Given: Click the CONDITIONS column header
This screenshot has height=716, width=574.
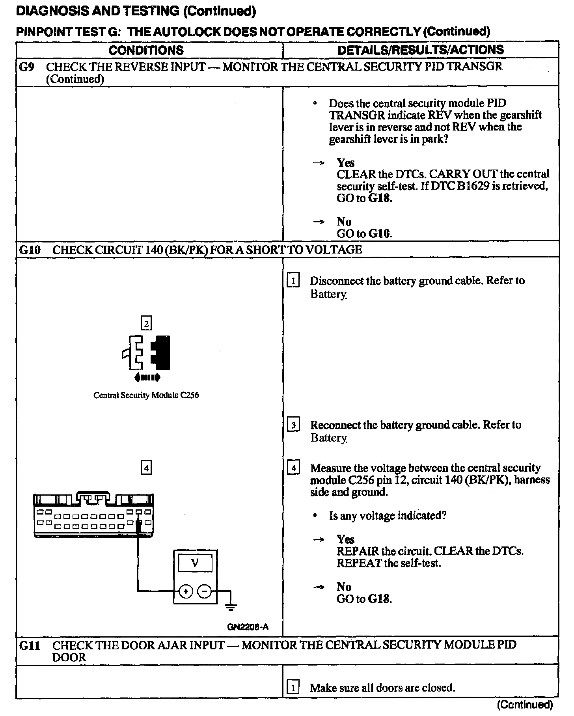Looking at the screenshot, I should pos(146,50).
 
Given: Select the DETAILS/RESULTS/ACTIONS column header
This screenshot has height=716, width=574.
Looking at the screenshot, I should pos(421,50).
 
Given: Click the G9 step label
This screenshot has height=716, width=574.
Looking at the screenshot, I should pos(27,67).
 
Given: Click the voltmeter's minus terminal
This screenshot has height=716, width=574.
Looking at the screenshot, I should pos(204,591).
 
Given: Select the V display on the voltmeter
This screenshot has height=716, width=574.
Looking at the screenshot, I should pos(195,563).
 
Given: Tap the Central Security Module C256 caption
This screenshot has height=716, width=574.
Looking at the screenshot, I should pos(146,395).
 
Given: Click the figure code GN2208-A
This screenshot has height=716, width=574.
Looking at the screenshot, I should pos(248,627).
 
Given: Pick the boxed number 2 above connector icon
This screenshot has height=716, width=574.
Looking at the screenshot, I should pos(146,324).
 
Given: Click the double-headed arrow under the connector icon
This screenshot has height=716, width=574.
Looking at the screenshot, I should pos(147,378).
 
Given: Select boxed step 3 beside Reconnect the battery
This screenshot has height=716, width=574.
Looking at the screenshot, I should pos(293,425).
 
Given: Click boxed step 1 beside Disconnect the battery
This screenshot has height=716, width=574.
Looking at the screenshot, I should pos(293,281).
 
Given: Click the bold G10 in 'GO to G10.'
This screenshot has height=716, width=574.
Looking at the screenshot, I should pos(380,233).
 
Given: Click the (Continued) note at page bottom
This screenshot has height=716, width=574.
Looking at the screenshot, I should pos(525,705).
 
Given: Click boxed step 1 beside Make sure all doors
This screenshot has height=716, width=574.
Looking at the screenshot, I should pos(293,688).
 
